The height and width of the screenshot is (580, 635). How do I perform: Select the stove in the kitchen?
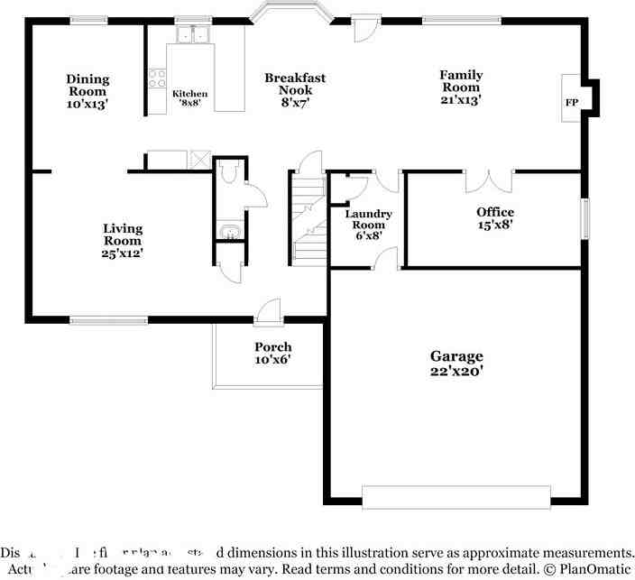click(x=156, y=78)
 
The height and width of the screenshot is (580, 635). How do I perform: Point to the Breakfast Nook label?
click(x=295, y=78)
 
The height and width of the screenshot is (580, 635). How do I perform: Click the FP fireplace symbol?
click(x=572, y=103)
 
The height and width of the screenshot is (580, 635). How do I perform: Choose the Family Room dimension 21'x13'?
click(x=461, y=100)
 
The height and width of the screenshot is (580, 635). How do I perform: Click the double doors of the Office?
click(x=489, y=180)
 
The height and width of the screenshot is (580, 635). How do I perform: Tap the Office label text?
click(x=495, y=212)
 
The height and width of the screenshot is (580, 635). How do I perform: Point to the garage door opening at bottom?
click(x=456, y=497)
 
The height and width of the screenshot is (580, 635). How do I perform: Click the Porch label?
click(x=272, y=347)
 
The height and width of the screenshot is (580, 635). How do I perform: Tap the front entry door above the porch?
click(x=268, y=312)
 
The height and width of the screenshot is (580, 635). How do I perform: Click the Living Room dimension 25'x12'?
click(x=123, y=253)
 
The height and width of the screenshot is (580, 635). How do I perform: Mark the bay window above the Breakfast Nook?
click(x=291, y=13)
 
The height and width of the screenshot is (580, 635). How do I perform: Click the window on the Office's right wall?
click(x=584, y=219)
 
